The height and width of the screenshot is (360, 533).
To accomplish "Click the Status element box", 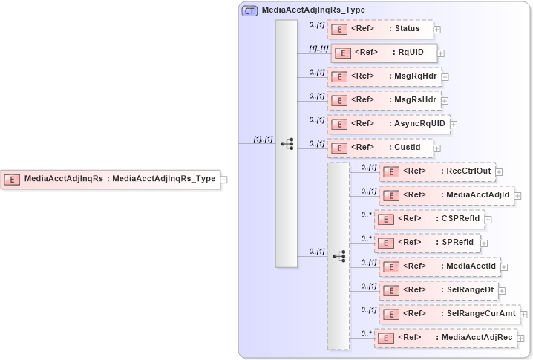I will coord(379,29).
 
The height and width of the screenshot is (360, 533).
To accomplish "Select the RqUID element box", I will coord(383,53).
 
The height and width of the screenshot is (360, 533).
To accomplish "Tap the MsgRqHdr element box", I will coord(384,76).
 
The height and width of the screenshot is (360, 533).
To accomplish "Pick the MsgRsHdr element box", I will coord(384,100).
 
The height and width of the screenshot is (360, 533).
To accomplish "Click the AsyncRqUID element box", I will coord(388,124).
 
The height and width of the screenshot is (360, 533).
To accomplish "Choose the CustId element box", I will coord(379,148).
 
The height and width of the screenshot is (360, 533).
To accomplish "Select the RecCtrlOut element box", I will coord(436,171).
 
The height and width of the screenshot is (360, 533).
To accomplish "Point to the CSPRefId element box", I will coord(429,219).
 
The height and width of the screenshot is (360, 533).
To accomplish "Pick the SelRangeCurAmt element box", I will coord(449,314).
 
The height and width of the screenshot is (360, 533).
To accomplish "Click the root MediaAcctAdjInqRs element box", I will coord(111,179).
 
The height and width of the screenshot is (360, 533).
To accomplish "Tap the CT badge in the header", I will coord(249,11).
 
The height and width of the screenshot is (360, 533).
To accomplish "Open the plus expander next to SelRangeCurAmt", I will coord(524,315).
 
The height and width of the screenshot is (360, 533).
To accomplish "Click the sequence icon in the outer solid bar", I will coord(287,143).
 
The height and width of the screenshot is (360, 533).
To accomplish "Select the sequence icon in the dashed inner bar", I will coord(339,255).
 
